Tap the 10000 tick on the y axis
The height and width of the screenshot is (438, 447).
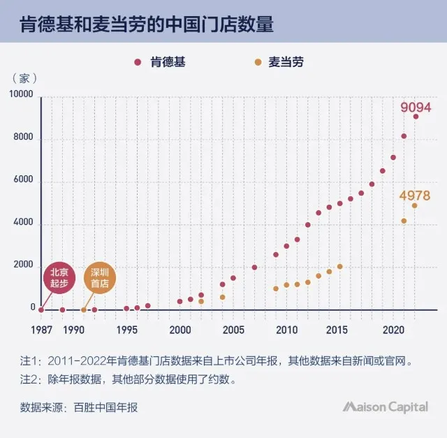click(x=22, y=95)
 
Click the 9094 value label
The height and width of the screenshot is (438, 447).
click(x=416, y=108)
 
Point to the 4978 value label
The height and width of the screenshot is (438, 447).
click(x=414, y=196)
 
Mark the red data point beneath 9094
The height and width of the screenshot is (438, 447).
click(x=416, y=117)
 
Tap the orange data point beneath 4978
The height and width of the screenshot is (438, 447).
click(x=414, y=205)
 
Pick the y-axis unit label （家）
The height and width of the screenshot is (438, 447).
click(x=25, y=78)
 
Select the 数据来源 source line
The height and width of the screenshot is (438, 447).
click(x=79, y=407)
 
